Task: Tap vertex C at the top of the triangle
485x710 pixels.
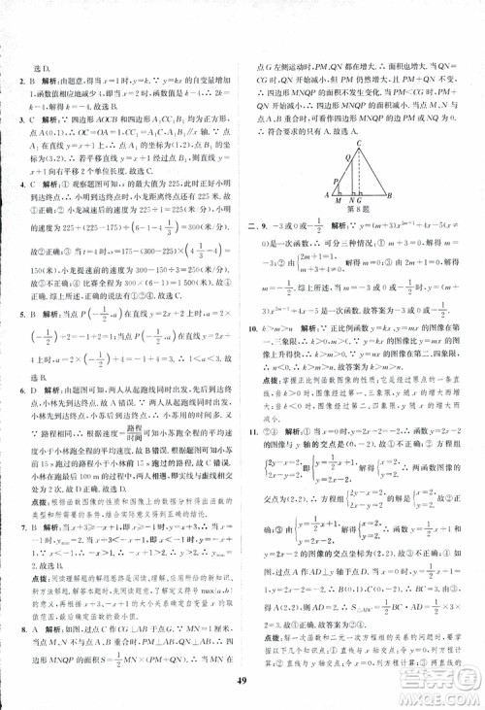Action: tap(360, 143)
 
